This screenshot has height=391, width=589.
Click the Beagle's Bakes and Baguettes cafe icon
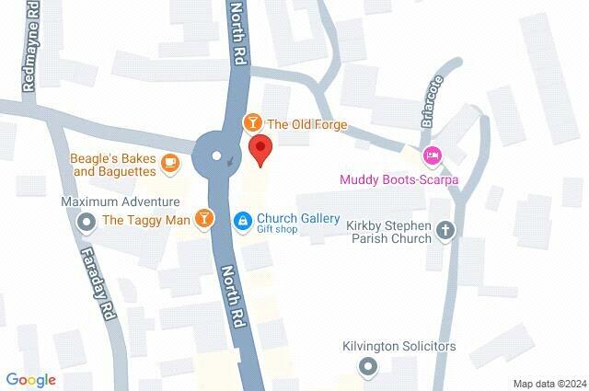coord(170,164)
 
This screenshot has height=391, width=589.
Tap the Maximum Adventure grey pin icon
coord(87,221)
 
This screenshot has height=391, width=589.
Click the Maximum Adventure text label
coord(121,201)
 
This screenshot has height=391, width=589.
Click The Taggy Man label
coord(145,220)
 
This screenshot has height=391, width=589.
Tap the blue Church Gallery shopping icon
coord(242,220)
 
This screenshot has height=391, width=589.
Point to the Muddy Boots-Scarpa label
coord(398,179)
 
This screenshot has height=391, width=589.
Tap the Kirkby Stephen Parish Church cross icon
coord(446,230)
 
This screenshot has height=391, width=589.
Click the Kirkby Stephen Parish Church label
coord(388,231)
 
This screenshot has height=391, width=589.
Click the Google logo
coord(30,379)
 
